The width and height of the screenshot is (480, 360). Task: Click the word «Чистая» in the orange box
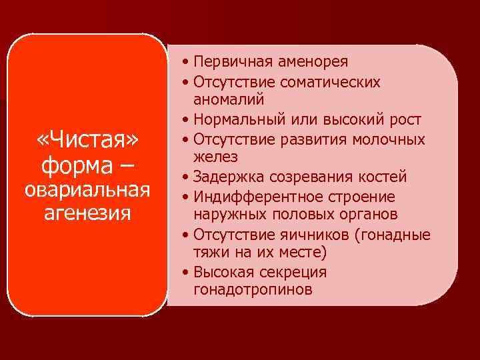tap(88, 140)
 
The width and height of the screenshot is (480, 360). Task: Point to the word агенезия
tap(88, 214)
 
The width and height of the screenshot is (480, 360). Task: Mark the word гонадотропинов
tap(253, 290)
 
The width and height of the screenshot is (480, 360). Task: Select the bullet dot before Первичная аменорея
tap(184, 63)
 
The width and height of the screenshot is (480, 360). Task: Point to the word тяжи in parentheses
tap(209, 253)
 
